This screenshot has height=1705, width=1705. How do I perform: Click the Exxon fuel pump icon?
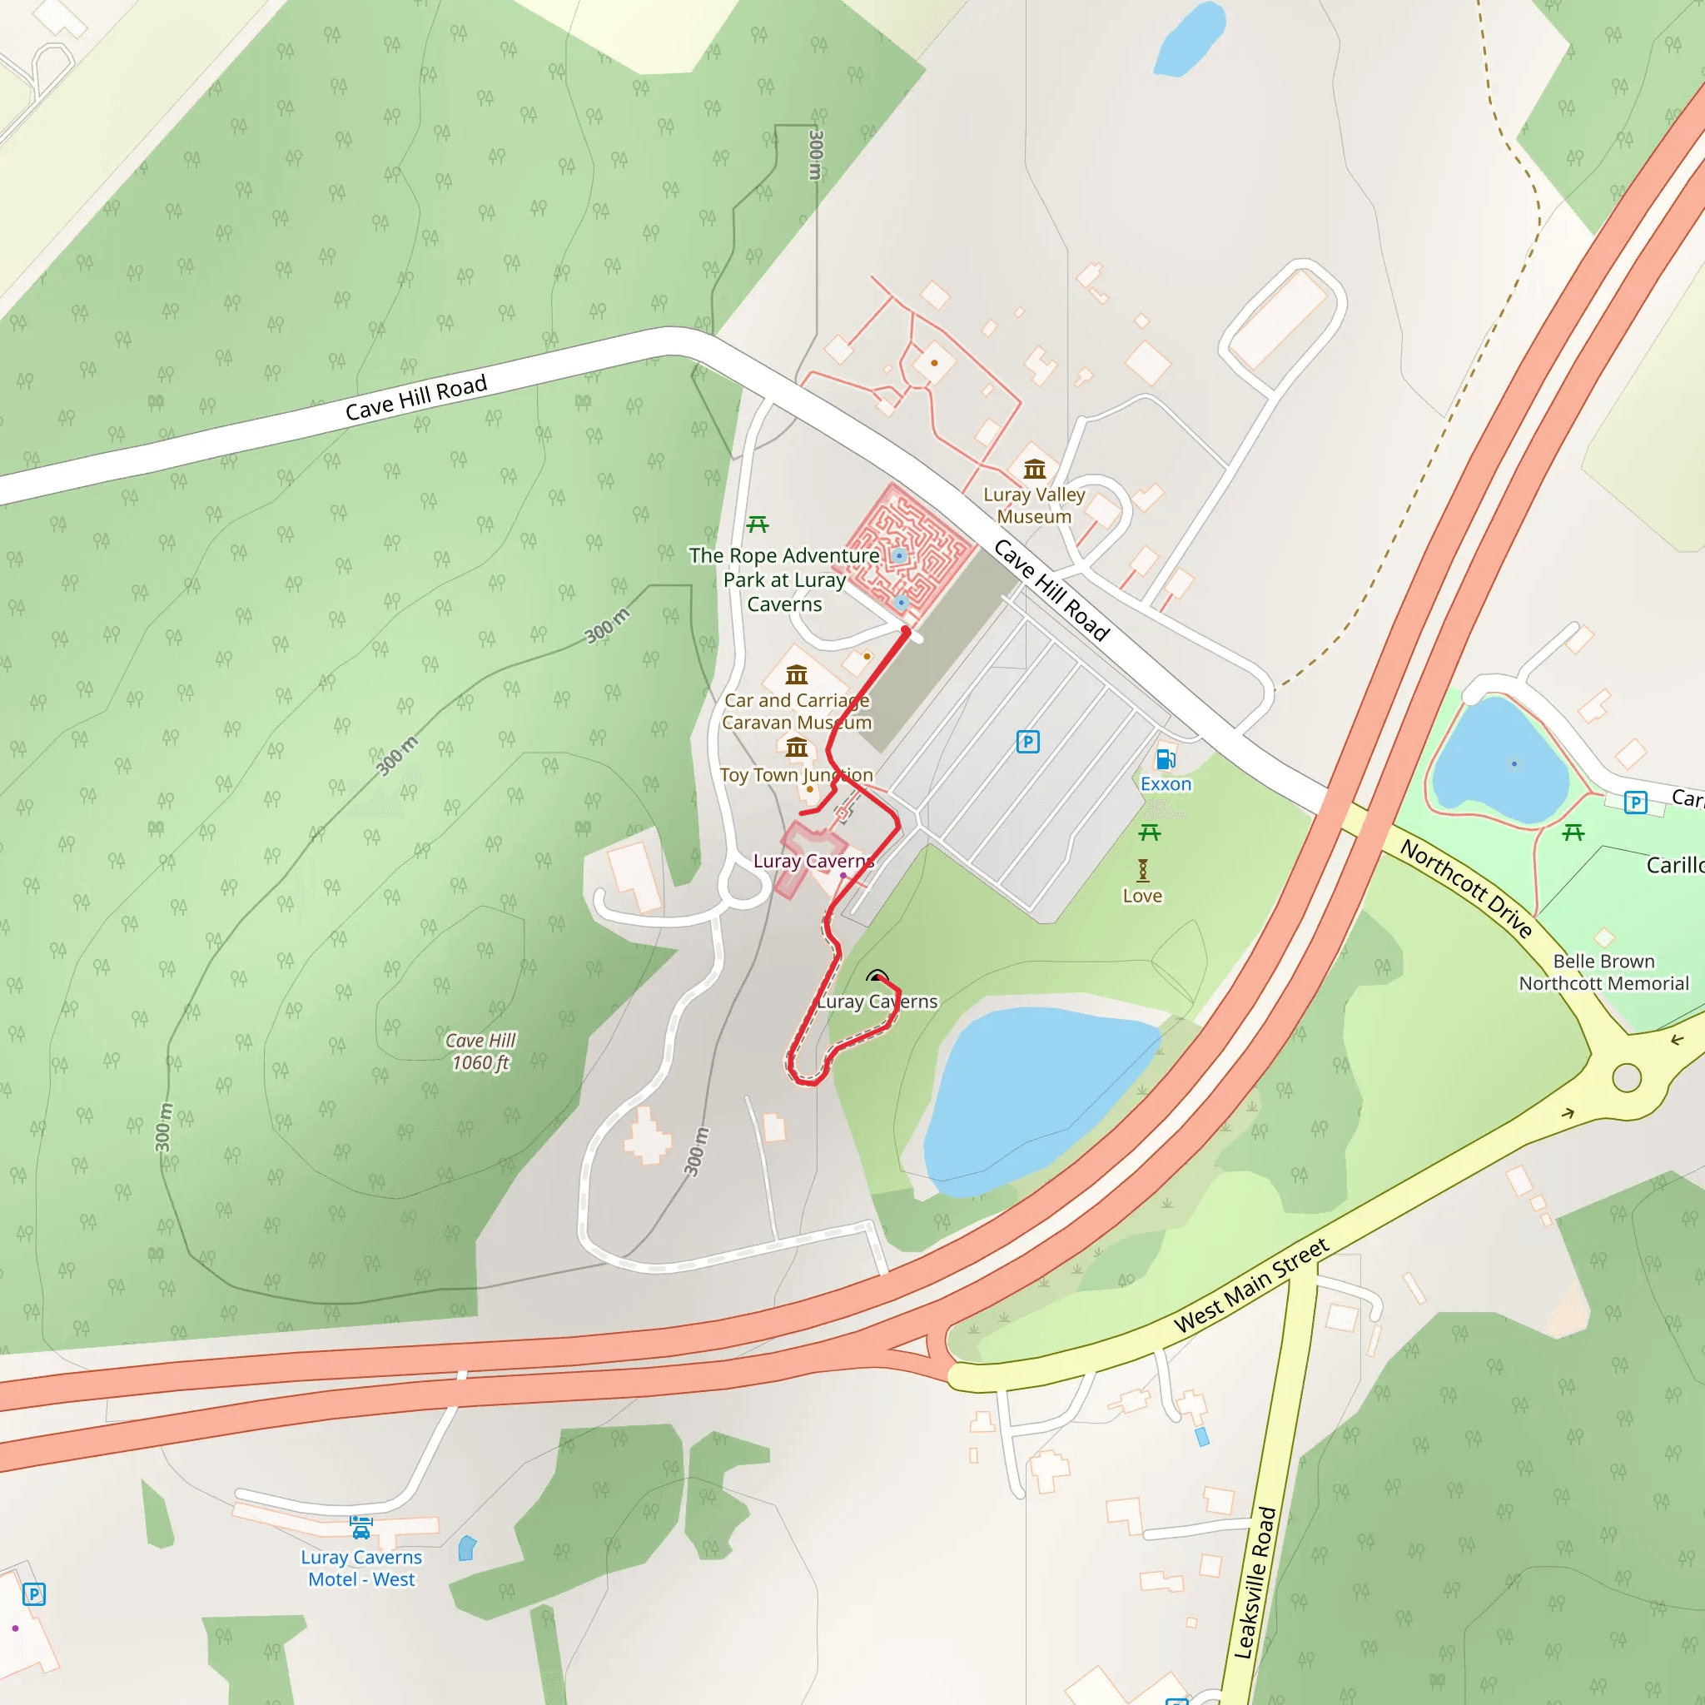coord(1165,759)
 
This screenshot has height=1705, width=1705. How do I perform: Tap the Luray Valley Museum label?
coord(1034,505)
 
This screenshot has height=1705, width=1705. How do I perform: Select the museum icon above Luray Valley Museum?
coord(1034,469)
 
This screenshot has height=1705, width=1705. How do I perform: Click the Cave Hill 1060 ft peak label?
coord(481,1051)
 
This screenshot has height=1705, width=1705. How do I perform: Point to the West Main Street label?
coord(1250,1285)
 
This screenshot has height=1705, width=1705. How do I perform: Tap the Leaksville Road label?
coord(1255,1583)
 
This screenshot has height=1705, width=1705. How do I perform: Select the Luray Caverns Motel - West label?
coord(362,1568)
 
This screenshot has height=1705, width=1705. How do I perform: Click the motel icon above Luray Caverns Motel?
coord(361,1526)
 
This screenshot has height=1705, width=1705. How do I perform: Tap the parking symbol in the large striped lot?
coord(1027,741)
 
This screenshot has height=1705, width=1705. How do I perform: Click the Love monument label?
coord(1142,896)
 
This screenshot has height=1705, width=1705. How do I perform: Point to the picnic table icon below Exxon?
coord(1149,833)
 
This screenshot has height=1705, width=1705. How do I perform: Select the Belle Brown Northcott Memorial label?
coord(1603,972)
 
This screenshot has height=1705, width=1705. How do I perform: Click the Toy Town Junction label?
coord(796,775)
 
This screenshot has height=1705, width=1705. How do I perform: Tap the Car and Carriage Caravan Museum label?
coord(797,711)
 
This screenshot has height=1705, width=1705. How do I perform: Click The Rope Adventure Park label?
coord(783,579)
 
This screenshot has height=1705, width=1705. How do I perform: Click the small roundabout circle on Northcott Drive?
coord(1627,1077)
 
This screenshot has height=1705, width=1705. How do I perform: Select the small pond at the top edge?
coord(1189,40)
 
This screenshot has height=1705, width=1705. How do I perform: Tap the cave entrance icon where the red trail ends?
coord(877,977)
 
